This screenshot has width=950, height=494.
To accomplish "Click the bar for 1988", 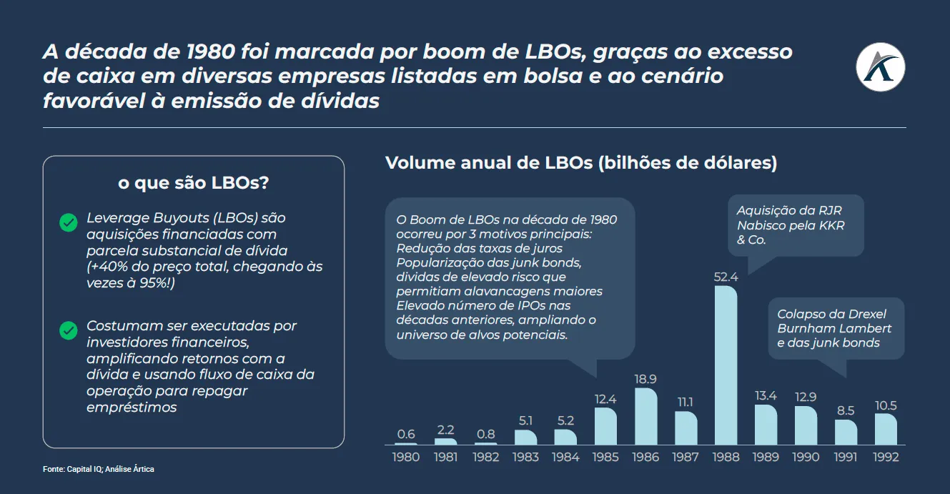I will click(x=726, y=365).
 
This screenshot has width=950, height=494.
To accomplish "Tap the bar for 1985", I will click(x=605, y=426).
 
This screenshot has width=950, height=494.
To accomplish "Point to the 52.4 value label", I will click(x=726, y=277).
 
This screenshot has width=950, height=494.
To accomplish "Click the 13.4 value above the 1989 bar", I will click(x=766, y=396).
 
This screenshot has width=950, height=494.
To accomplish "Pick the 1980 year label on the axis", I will click(x=406, y=457).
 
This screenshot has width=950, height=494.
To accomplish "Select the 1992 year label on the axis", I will click(x=885, y=457).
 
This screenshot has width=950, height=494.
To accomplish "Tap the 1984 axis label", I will click(x=565, y=457).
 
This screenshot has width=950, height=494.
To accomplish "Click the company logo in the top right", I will click(x=880, y=67).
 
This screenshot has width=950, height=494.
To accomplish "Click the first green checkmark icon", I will click(x=69, y=222).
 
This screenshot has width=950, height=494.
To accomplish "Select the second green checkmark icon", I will click(x=69, y=330).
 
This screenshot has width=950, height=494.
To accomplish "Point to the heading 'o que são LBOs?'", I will click(x=193, y=183).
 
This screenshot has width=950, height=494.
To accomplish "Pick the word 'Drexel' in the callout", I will click(x=866, y=315).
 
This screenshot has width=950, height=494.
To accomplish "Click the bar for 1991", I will click(x=846, y=433).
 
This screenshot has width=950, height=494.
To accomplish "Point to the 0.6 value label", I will click(x=406, y=434).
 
